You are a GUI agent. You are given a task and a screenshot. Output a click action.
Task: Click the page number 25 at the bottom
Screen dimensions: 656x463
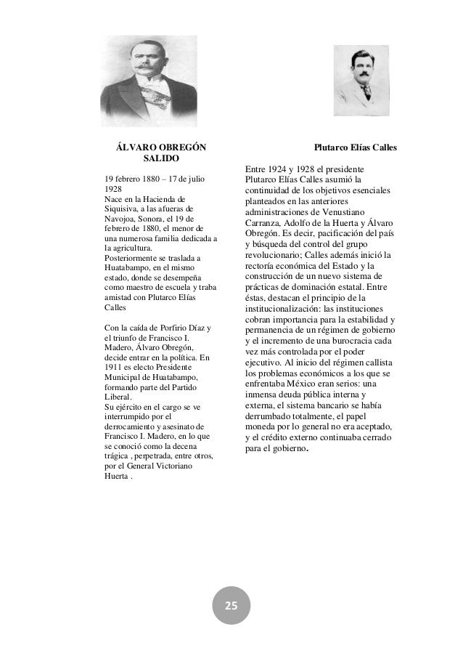click(231, 606)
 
